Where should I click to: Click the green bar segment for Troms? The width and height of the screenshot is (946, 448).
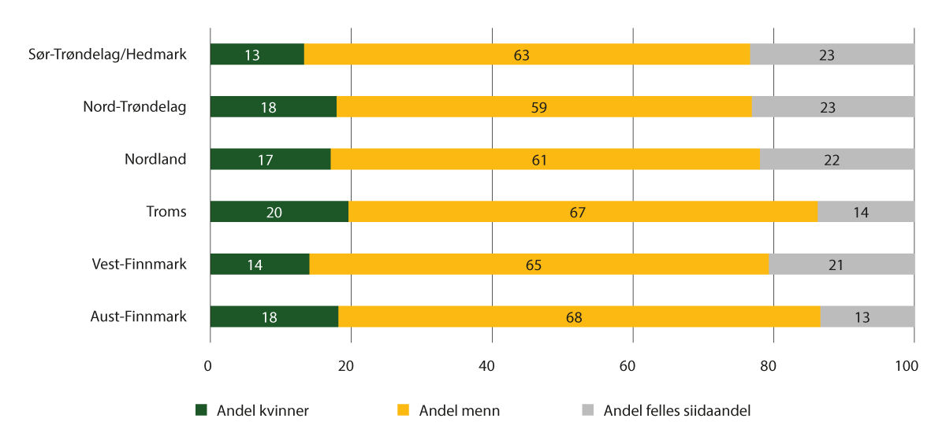click(x=279, y=212)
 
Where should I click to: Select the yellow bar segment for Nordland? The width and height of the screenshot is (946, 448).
click(x=545, y=159)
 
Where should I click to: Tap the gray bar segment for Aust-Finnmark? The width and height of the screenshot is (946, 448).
click(x=867, y=317)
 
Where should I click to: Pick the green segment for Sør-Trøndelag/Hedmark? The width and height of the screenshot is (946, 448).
click(x=257, y=54)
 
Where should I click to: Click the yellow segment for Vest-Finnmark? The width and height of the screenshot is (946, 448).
click(x=539, y=265)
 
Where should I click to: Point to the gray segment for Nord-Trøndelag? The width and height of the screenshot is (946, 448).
click(x=832, y=107)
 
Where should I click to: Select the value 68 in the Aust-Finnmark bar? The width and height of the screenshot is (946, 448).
click(x=579, y=317)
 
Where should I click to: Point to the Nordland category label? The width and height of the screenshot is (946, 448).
click(x=155, y=159)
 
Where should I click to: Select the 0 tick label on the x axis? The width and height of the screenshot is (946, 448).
click(x=208, y=366)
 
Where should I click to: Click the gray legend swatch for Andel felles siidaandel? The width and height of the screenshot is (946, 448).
click(x=587, y=410)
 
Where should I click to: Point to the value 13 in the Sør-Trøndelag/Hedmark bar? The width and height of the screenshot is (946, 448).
click(x=252, y=55)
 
